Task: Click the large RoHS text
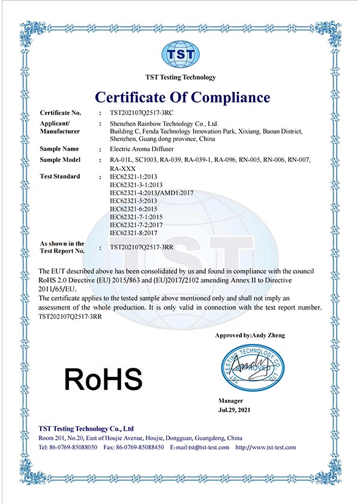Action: [x=103, y=379]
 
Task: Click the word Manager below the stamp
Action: [x=231, y=400]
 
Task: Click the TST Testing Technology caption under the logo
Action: [x=181, y=77]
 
